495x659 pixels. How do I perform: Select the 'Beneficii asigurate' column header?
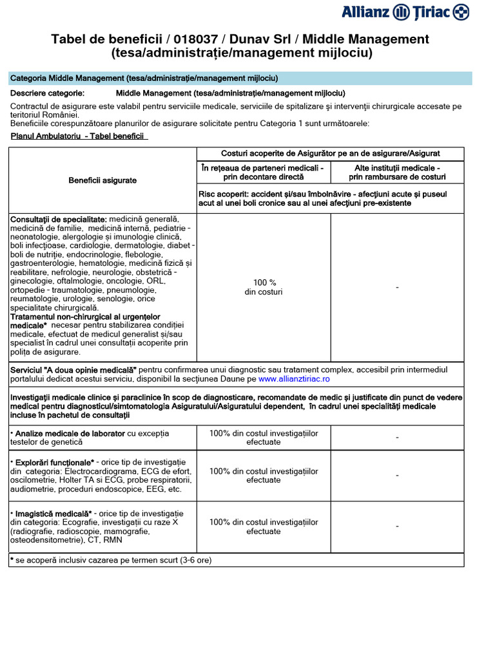click(102, 180)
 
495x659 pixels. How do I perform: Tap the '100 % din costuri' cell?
click(264, 287)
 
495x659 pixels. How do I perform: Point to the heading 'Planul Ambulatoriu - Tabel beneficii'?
click(79, 136)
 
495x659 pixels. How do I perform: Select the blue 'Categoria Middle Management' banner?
click(240, 79)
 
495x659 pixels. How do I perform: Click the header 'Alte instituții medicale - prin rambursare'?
click(397, 172)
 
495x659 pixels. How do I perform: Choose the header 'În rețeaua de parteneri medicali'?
click(263, 172)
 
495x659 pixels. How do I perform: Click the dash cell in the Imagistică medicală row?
click(397, 526)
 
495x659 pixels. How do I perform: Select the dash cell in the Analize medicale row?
click(397, 438)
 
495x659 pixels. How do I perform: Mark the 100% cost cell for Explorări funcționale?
click(264, 476)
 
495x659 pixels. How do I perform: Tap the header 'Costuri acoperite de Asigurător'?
click(330, 154)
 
